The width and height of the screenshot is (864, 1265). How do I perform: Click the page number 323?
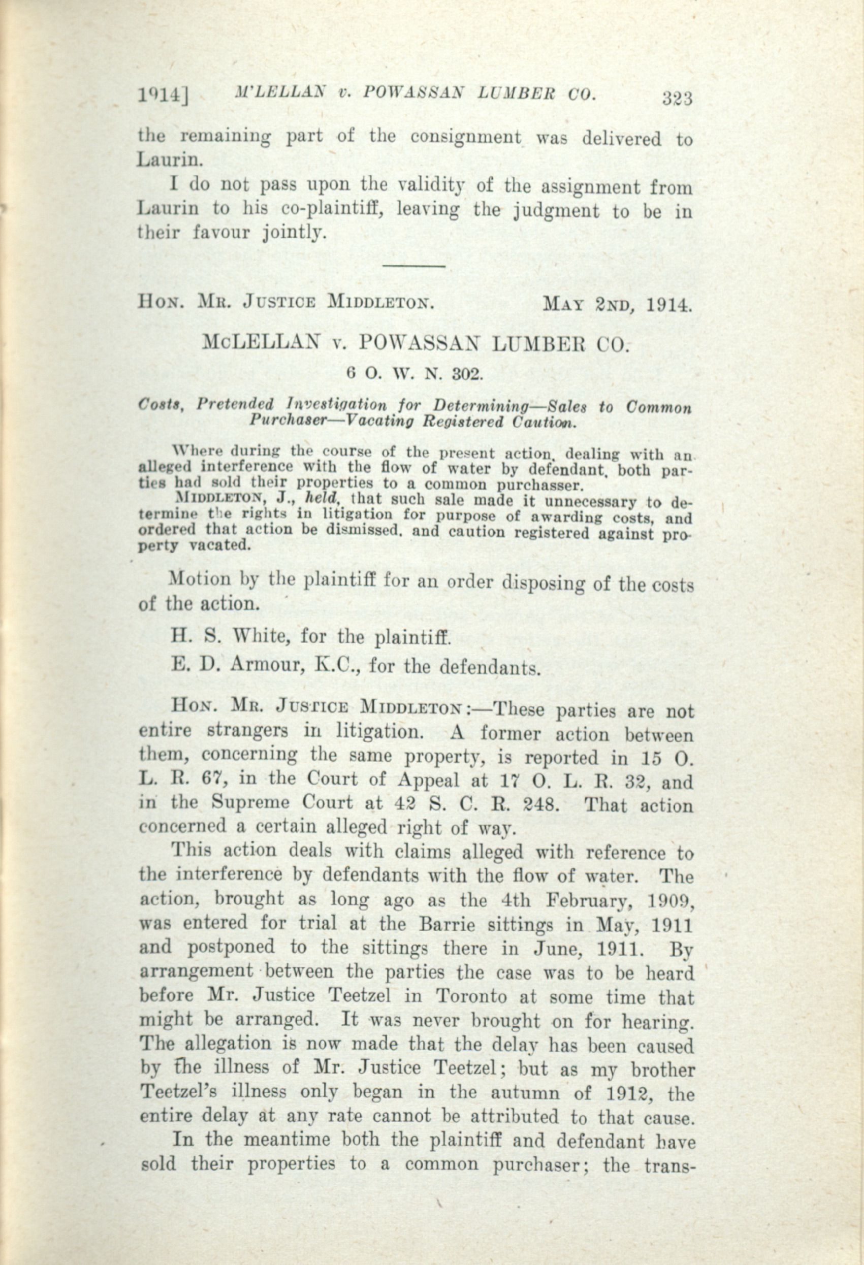pos(676,99)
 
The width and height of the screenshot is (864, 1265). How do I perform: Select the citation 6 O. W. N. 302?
pos(415,373)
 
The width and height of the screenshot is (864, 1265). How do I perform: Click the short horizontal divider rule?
pos(415,266)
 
